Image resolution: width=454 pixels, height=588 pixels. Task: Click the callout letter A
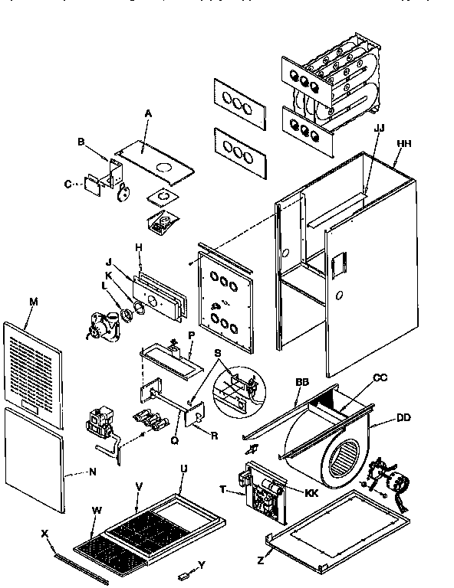[x=148, y=113]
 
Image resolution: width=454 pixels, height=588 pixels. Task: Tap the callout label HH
[x=403, y=143]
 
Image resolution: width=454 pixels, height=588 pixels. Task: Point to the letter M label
[x=33, y=301]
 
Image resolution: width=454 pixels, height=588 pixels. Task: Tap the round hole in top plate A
[x=163, y=166]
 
